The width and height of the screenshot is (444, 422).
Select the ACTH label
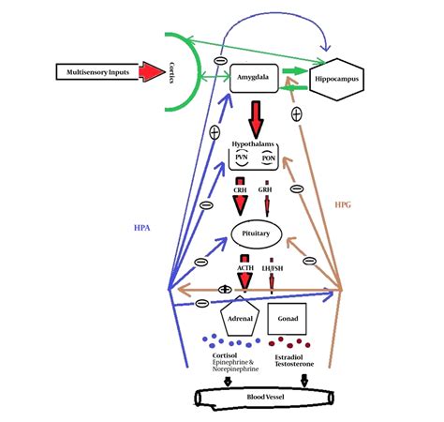point(245,269)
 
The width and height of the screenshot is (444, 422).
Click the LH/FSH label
point(274,269)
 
